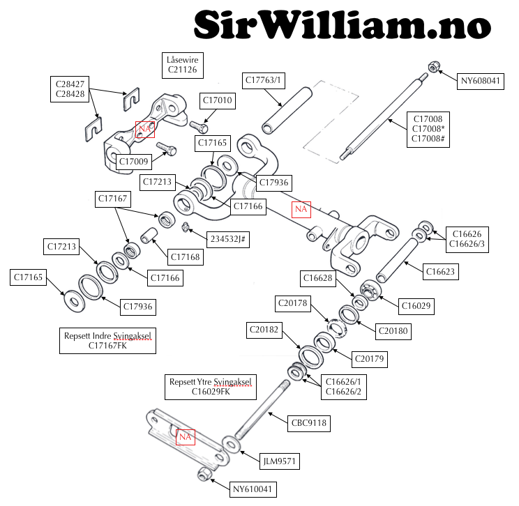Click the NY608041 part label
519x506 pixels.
click(x=480, y=81)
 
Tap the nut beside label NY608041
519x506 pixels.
click(x=434, y=66)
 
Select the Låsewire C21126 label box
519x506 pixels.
click(x=182, y=65)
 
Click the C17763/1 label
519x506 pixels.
click(x=263, y=80)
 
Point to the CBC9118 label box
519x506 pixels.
click(x=308, y=423)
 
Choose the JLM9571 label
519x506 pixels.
click(x=279, y=461)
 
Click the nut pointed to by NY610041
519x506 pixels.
click(x=204, y=474)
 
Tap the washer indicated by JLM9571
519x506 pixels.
click(x=232, y=444)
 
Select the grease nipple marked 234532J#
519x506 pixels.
click(x=186, y=227)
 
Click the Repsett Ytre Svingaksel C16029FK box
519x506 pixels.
click(x=211, y=387)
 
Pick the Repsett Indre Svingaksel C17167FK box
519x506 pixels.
click(x=107, y=341)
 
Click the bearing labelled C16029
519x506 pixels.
click(x=370, y=290)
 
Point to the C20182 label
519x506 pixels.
click(x=264, y=330)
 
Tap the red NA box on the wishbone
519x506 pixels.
click(x=301, y=209)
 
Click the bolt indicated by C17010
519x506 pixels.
click(x=199, y=126)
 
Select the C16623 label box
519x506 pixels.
click(x=441, y=272)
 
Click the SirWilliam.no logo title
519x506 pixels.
click(x=343, y=24)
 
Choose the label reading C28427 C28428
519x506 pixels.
click(x=70, y=89)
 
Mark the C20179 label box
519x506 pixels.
click(x=370, y=359)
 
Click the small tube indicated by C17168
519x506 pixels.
click(x=149, y=235)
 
